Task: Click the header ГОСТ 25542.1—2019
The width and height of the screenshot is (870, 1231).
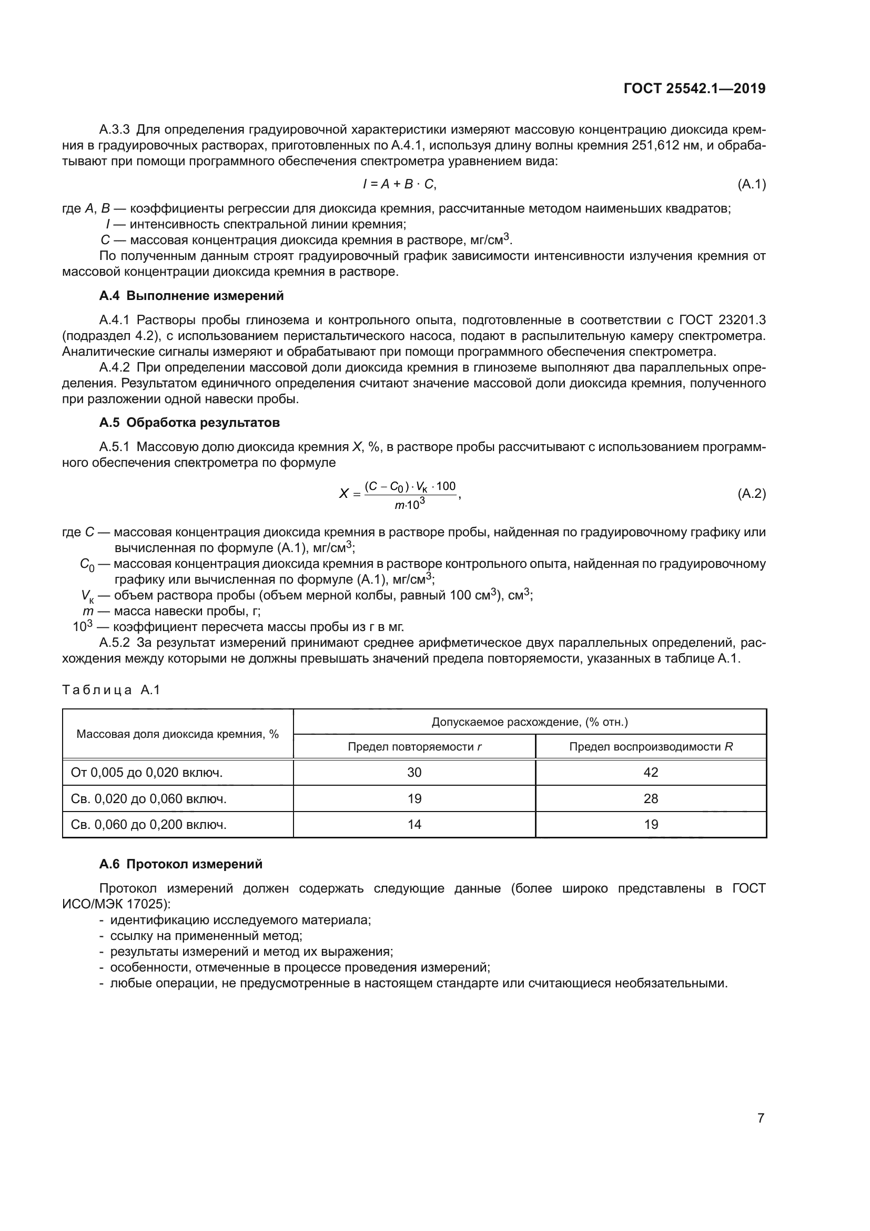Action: tap(694, 88)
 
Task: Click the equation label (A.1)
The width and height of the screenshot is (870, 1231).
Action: tap(751, 184)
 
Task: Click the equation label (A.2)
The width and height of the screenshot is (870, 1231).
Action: tap(751, 494)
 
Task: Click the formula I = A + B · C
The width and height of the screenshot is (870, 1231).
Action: tap(400, 184)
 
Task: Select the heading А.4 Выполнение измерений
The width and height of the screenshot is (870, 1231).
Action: tap(191, 296)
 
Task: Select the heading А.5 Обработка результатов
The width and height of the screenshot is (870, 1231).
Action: tap(189, 423)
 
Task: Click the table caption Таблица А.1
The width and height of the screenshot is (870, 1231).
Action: tap(112, 690)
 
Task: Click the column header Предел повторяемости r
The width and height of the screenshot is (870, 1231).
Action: tap(414, 746)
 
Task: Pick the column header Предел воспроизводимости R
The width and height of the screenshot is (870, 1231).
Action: tap(650, 746)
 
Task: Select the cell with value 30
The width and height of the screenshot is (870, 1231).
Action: tap(414, 773)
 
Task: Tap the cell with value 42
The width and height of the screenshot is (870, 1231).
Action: tap(650, 773)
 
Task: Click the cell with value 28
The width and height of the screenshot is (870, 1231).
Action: tap(650, 799)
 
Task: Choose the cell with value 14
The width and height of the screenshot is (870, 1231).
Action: tap(414, 825)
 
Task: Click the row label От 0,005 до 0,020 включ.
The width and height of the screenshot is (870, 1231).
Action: tap(146, 773)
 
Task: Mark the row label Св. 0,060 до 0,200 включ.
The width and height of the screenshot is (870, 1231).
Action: tap(148, 825)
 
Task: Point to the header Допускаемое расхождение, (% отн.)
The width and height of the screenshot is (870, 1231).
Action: tap(529, 722)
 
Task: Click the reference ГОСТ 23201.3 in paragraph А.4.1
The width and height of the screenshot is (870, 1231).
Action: tap(722, 320)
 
